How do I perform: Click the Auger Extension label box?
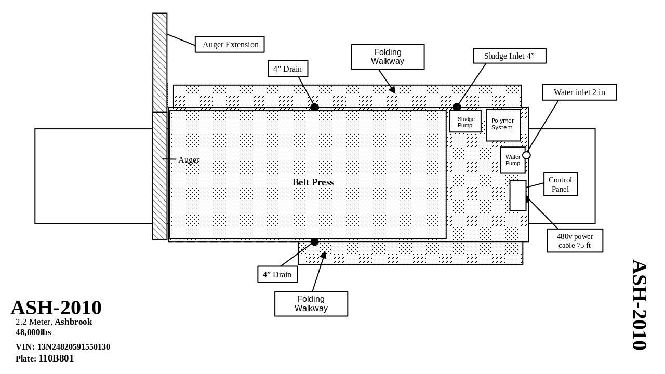(x=230, y=45)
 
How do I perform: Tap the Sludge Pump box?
(x=465, y=122)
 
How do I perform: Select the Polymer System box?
(x=503, y=125)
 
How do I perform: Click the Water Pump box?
(x=513, y=160)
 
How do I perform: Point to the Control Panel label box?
(x=561, y=184)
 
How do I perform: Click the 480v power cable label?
(x=575, y=241)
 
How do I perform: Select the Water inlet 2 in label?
(x=579, y=92)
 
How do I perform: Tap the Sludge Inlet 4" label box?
(x=510, y=56)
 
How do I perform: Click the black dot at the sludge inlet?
(x=457, y=107)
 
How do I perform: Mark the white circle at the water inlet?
(x=526, y=155)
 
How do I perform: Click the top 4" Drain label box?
(x=288, y=69)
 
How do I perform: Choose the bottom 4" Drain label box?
(x=277, y=274)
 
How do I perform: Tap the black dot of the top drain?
(x=314, y=107)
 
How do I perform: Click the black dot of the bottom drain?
(x=314, y=242)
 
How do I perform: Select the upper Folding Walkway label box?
(x=388, y=57)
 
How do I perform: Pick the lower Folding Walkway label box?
(x=311, y=304)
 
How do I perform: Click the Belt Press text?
(x=313, y=182)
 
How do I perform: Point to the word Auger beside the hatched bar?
(x=189, y=160)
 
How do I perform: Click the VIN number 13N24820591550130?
(x=73, y=347)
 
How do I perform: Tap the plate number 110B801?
(x=56, y=358)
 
